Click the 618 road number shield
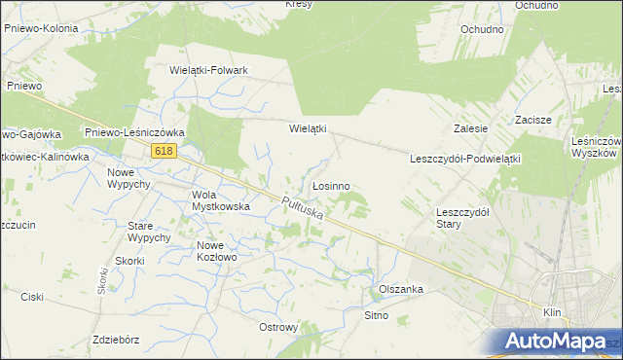[163, 151]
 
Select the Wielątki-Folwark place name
[209, 71]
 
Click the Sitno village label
[376, 315]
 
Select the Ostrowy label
[278, 327]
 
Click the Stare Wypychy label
[149, 232]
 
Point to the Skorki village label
[129, 261]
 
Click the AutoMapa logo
[552, 342]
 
